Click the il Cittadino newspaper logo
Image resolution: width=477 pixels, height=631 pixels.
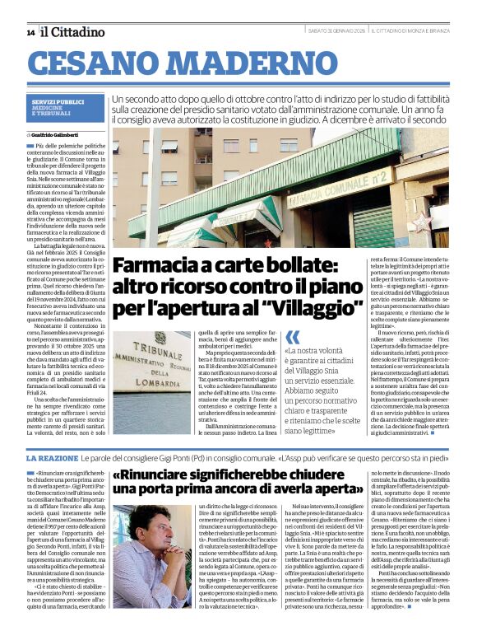pos(74,32)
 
